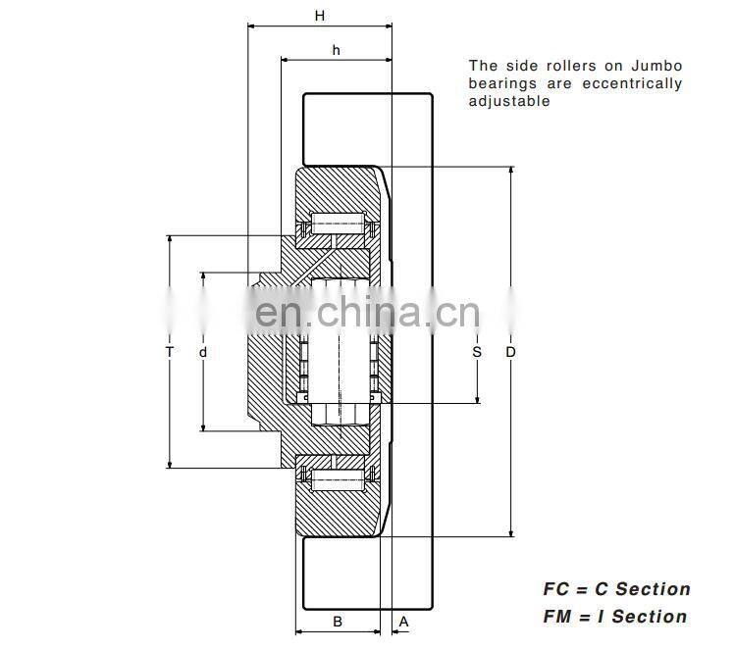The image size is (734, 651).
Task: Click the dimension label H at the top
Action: click(x=319, y=15)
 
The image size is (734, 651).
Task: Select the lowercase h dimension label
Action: click(x=336, y=49)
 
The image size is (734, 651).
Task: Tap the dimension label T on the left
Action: click(x=170, y=351)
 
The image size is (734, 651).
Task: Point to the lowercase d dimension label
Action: click(x=203, y=351)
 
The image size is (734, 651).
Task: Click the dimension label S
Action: click(x=477, y=351)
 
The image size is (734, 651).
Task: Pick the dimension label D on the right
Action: click(x=510, y=351)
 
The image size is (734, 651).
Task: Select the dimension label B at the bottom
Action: click(x=337, y=621)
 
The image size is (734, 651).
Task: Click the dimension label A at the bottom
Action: click(x=403, y=621)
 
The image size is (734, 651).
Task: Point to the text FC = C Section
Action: click(x=616, y=589)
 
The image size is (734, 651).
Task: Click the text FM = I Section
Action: click(x=615, y=617)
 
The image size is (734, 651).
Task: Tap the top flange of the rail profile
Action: click(x=368, y=128)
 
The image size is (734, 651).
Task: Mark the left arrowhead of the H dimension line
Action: click(x=251, y=27)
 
